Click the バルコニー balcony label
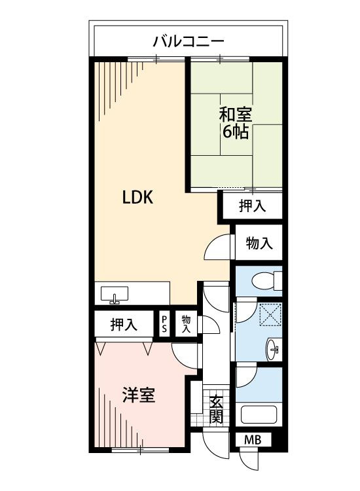(189, 41)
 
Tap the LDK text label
(137, 198)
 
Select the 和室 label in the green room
(236, 115)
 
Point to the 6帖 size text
(236, 132)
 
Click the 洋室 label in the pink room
(139, 395)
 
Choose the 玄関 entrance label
(216, 409)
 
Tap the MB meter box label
(253, 441)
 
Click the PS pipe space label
(164, 324)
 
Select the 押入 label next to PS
(124, 325)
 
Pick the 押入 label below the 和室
(253, 206)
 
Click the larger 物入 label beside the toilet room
(259, 243)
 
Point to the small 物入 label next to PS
(186, 324)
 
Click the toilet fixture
(266, 281)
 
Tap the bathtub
(259, 415)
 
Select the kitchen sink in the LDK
(115, 295)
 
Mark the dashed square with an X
(270, 314)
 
